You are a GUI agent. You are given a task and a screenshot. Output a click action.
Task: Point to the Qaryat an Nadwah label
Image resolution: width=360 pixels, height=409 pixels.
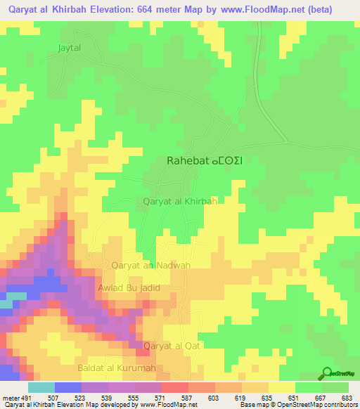(x=151, y=265)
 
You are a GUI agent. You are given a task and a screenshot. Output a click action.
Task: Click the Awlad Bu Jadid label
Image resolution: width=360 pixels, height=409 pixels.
(x=129, y=288)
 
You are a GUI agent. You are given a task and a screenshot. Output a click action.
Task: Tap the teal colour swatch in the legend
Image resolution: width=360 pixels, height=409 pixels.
(x=41, y=388)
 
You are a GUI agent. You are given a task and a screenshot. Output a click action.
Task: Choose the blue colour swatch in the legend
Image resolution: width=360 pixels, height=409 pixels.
(x=68, y=388)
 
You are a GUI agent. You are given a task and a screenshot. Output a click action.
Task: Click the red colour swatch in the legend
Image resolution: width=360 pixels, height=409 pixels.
(x=175, y=388)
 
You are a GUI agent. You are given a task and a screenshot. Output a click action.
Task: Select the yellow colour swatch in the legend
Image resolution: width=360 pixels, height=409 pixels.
(x=282, y=388)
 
